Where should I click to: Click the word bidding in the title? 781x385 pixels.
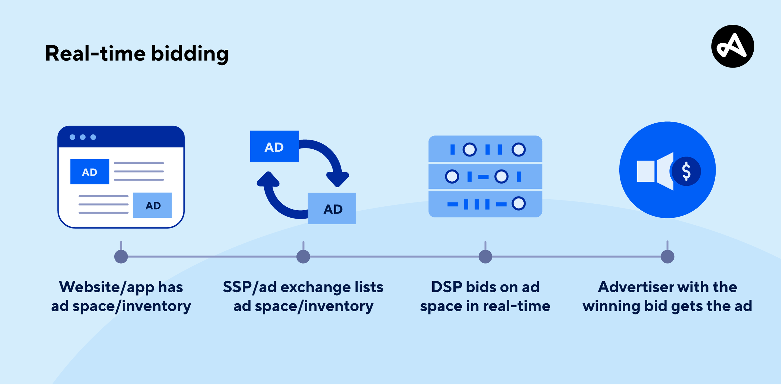[x=190, y=54]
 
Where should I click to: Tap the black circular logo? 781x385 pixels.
[x=732, y=46]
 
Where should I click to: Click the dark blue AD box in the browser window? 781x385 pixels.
[x=90, y=172]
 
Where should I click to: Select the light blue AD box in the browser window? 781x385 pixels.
[x=152, y=205]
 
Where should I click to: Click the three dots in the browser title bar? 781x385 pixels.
[x=82, y=137]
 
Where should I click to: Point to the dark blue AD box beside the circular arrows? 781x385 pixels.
[x=274, y=146]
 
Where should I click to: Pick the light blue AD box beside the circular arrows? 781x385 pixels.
[x=332, y=208]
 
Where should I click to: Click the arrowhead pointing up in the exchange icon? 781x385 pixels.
[x=268, y=179]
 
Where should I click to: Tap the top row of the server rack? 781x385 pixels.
[x=485, y=149]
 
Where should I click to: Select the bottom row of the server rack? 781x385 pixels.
[x=485, y=204]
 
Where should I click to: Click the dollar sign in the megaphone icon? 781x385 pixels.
[x=686, y=171]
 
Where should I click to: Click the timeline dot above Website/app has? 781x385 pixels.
[x=121, y=256]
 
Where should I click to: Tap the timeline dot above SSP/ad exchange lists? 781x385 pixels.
[x=303, y=256]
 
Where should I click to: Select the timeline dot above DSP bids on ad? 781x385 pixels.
[x=485, y=256]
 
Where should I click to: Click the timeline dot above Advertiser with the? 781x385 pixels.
[x=667, y=256]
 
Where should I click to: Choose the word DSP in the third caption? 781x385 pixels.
[x=446, y=287]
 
